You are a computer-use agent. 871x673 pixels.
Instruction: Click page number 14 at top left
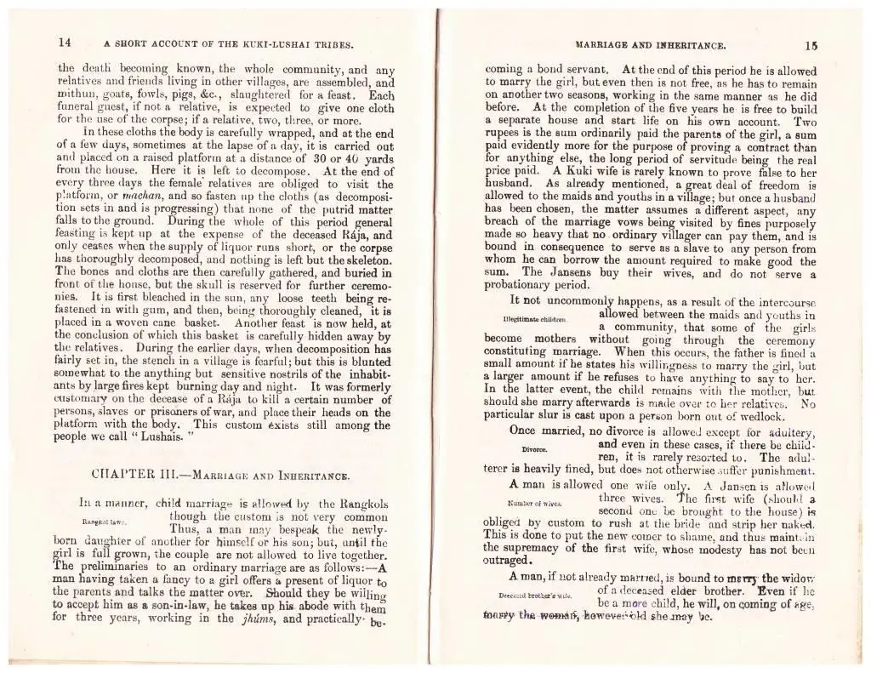point(65,42)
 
